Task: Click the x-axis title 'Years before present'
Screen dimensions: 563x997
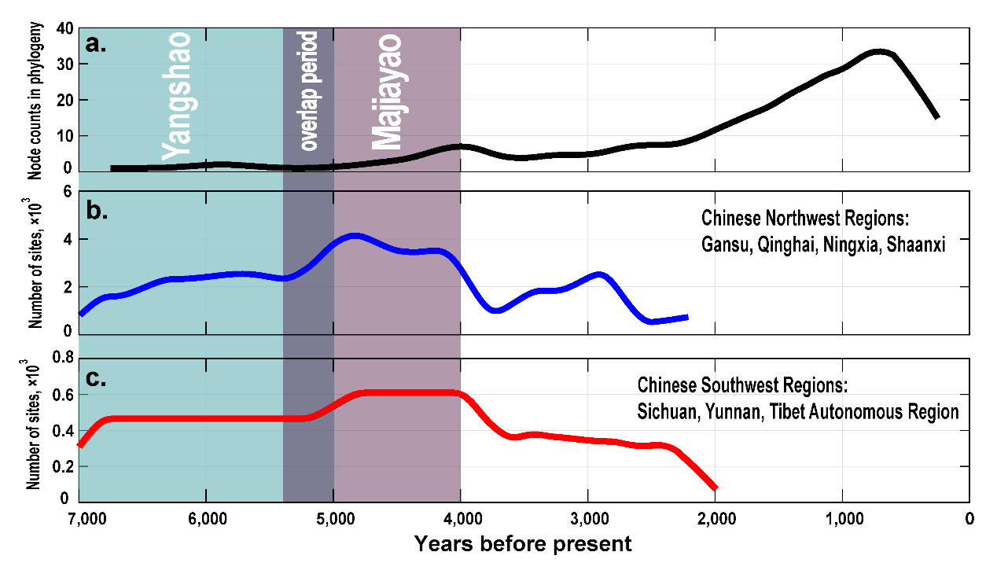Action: click(x=523, y=543)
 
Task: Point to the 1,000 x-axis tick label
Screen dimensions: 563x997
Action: click(x=842, y=519)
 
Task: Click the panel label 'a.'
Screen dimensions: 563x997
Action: click(x=97, y=44)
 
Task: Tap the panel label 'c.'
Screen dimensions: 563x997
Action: click(x=97, y=378)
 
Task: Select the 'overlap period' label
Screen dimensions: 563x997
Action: click(x=309, y=91)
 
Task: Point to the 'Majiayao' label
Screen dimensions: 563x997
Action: click(x=387, y=91)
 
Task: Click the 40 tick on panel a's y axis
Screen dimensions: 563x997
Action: click(x=65, y=29)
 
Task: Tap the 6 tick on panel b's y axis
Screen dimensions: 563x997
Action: click(x=68, y=192)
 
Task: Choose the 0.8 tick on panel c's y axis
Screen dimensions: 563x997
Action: click(x=62, y=359)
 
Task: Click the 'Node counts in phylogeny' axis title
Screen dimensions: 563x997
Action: click(x=35, y=101)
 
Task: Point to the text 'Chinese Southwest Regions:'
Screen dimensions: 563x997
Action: click(x=744, y=386)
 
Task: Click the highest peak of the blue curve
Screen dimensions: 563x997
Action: click(x=355, y=235)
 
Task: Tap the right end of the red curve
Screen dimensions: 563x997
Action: click(x=715, y=488)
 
